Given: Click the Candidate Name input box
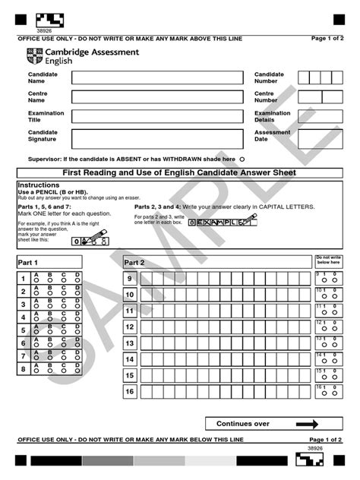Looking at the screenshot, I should pos(159,77).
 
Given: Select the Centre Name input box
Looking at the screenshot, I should pos(159,96).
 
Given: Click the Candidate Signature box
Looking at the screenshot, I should pos(159,138).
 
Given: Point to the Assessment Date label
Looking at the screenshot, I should pos(272,135).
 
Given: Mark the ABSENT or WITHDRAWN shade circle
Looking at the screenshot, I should pos(242,159).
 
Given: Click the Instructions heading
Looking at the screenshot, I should pos(38,185).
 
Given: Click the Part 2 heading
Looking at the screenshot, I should pos(134,262).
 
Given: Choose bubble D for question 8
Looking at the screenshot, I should pos(77,371).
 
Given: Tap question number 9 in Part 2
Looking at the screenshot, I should pos(130,279).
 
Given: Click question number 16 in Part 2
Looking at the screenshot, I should pos(130,391).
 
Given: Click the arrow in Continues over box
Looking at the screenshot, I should pos(307,425).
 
